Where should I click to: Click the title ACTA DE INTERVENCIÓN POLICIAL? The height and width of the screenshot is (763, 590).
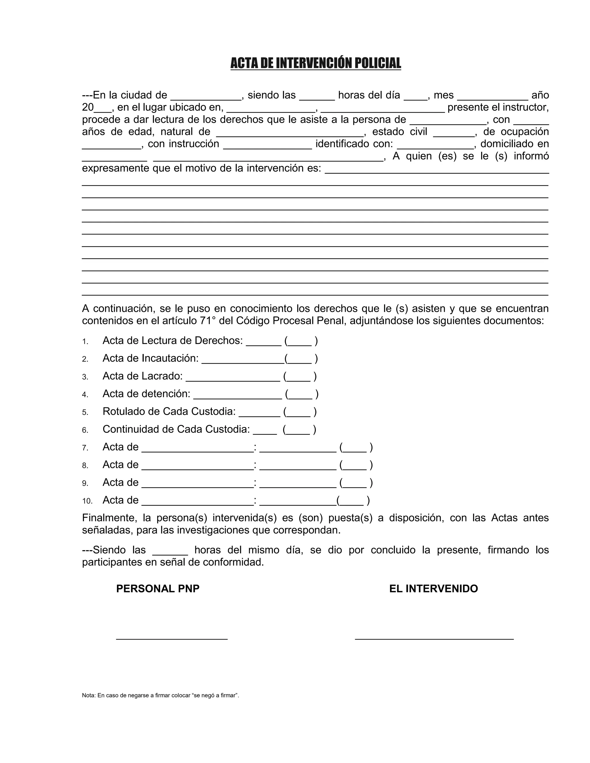coord(316,63)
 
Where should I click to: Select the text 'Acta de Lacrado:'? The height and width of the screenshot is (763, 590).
coord(143,376)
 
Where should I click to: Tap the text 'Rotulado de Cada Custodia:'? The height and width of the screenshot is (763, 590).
coord(169,411)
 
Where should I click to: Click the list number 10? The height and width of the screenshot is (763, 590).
coord(87,501)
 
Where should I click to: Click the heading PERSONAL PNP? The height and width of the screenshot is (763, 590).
coord(158,589)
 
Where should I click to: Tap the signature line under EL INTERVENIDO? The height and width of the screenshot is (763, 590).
coord(434,639)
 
